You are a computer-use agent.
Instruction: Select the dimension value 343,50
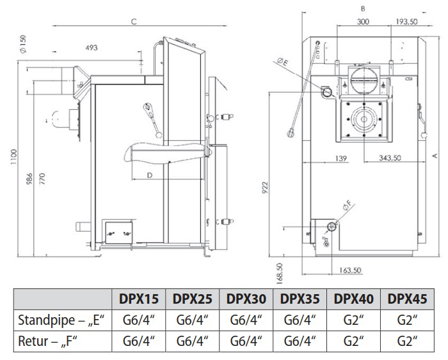pos(389,157)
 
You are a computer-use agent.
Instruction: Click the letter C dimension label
pos(134,21)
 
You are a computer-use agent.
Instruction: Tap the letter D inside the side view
pos(148,174)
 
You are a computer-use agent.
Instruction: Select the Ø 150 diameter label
pos(22,44)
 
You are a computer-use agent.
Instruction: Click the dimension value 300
pos(364,21)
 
